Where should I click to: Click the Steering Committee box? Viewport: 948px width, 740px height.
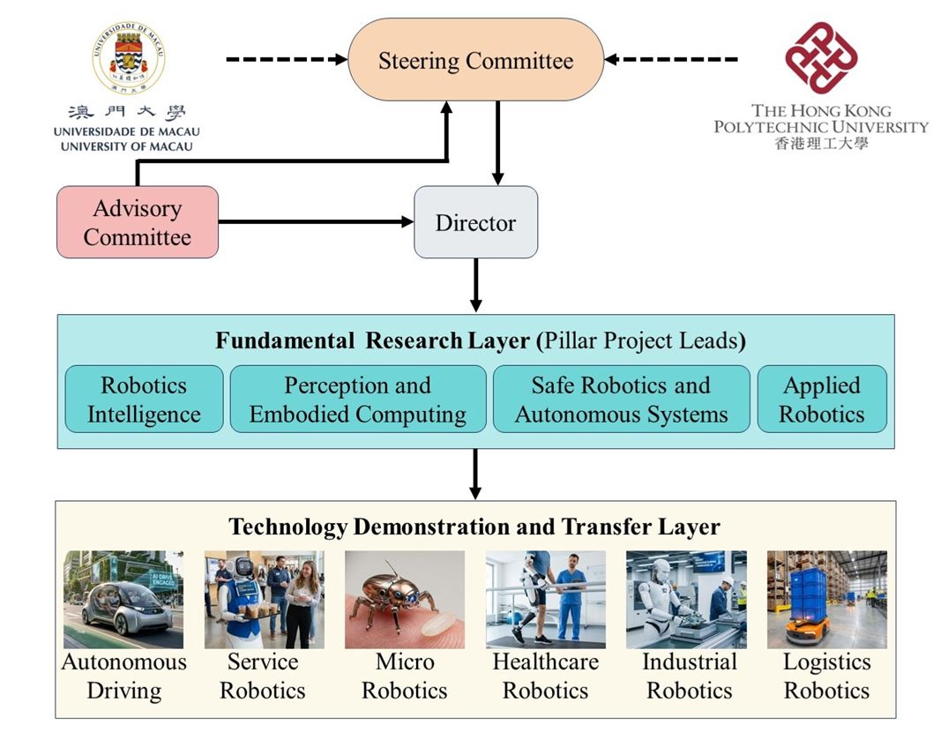point(475,60)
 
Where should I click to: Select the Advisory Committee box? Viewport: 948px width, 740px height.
point(137,222)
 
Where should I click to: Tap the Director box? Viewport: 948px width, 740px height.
point(475,222)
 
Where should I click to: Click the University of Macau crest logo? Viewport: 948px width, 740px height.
point(129,58)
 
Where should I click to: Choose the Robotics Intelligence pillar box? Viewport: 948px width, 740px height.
point(144,400)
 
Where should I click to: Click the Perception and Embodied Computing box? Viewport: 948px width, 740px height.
point(357,400)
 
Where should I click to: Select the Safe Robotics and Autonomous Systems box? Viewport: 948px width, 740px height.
point(621,400)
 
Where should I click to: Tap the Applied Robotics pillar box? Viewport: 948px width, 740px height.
point(821,400)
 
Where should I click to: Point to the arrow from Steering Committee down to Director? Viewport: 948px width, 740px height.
point(498,142)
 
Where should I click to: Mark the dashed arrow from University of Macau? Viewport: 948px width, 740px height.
point(287,60)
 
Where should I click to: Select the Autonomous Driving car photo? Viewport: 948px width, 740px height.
point(123,600)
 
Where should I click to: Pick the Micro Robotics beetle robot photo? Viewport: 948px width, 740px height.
point(405,600)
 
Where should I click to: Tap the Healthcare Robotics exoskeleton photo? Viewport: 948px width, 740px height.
point(545,600)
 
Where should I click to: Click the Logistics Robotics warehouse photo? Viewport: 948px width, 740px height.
point(826,600)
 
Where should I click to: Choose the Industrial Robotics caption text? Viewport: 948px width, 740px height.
point(689,676)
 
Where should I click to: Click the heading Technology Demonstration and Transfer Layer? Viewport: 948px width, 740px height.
point(474,527)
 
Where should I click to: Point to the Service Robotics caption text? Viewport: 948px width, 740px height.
point(263,676)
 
